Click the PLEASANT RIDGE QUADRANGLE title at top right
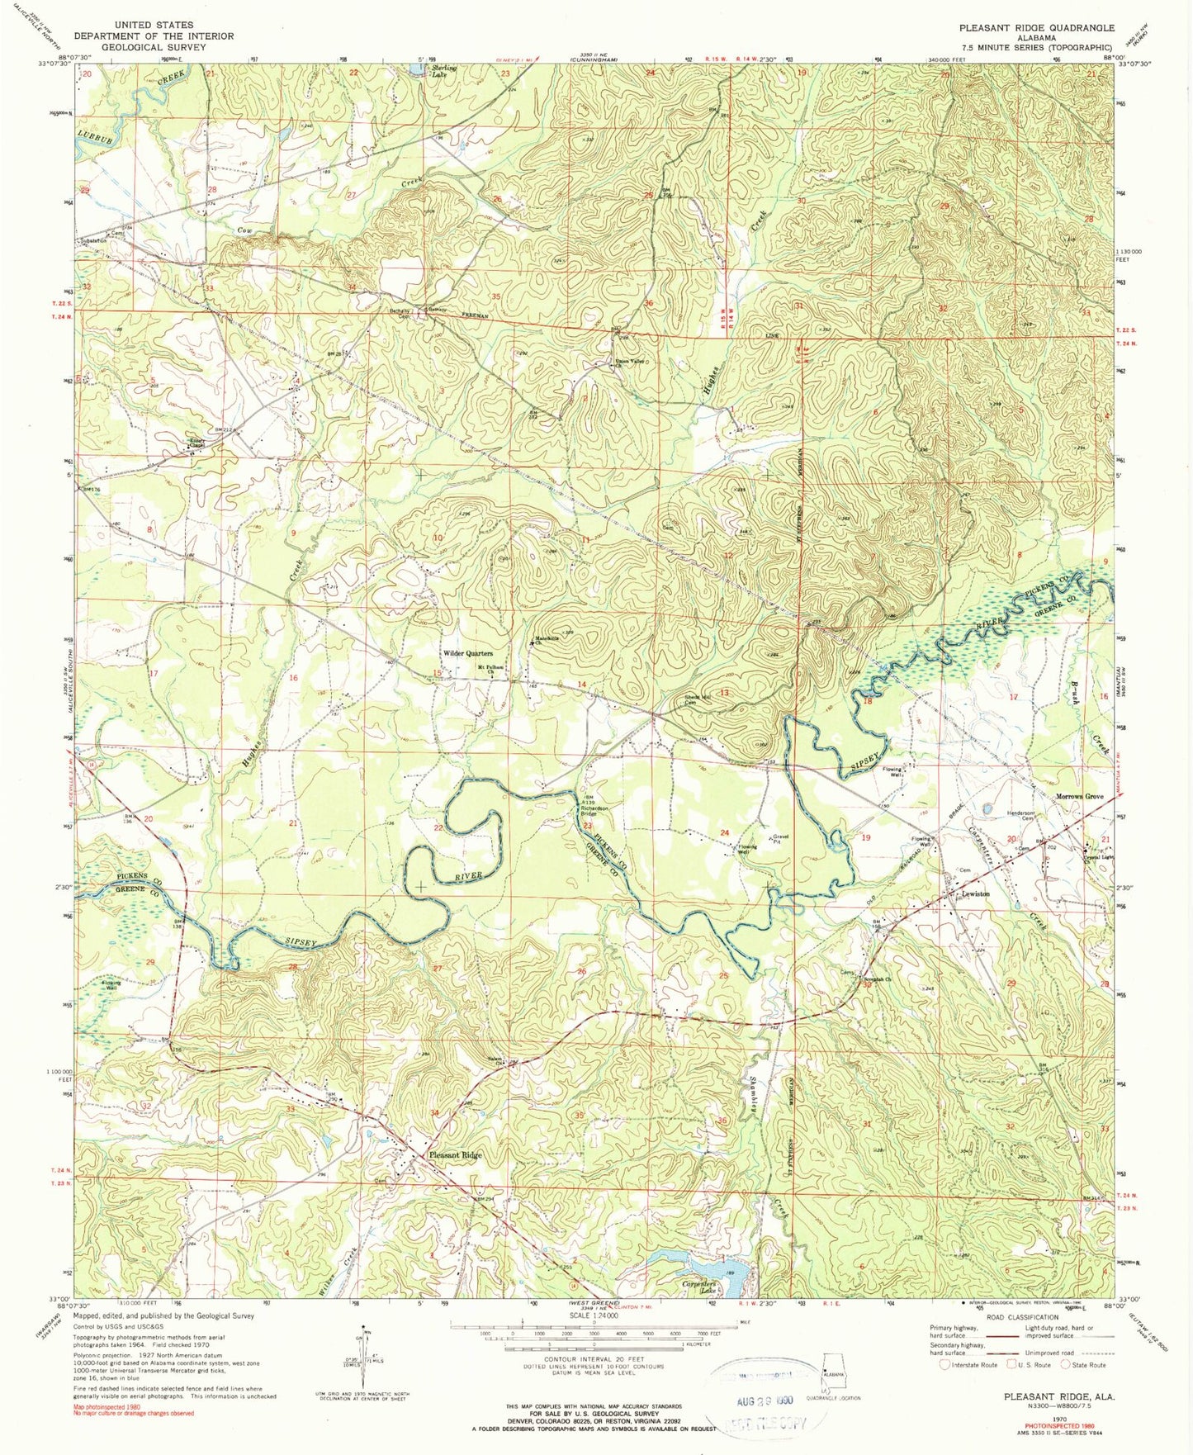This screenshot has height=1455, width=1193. pos(1036,27)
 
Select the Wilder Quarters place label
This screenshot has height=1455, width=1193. pos(468,653)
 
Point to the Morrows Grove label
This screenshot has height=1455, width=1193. pos(1080,796)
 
